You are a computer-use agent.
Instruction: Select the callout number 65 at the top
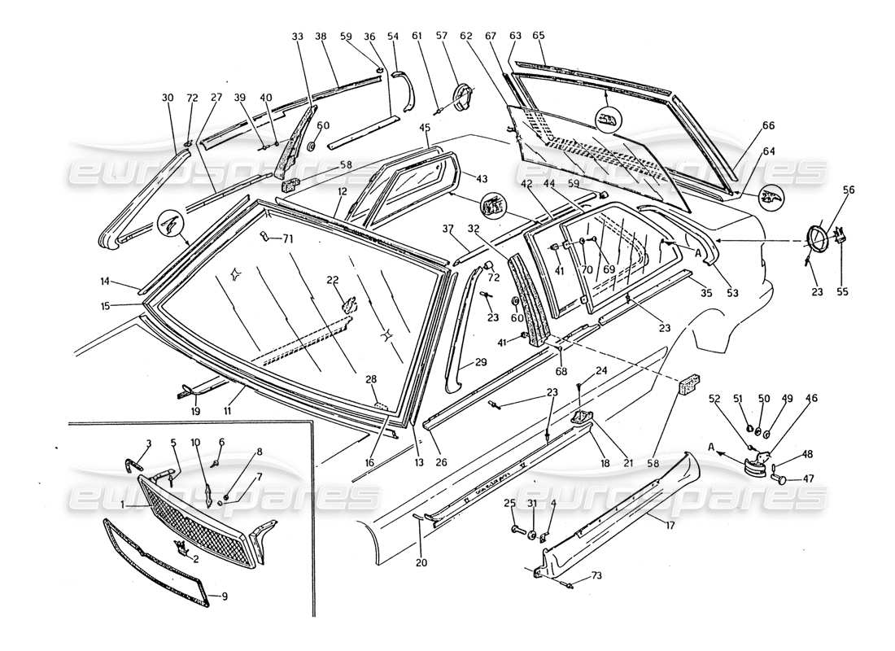pyautogui.click(x=538, y=36)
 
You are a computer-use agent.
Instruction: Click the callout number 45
pyautogui.click(x=425, y=127)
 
